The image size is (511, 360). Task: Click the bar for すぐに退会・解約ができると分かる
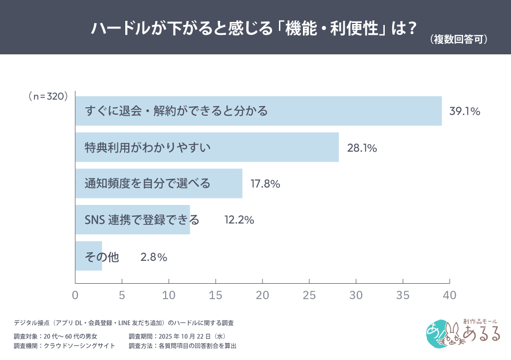[x=258, y=111]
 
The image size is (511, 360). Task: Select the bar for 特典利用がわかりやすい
[x=207, y=147]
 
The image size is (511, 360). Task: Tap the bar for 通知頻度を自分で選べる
[x=159, y=183]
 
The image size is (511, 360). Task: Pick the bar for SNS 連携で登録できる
[x=133, y=220]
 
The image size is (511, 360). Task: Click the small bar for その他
[x=89, y=256]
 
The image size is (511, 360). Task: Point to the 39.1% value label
[x=465, y=111]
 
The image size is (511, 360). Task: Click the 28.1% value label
[x=361, y=148]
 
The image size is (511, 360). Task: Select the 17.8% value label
[x=265, y=184]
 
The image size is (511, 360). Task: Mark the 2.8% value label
[x=153, y=257]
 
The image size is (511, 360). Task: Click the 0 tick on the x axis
[x=75, y=295]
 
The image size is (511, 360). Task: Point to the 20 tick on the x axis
[x=262, y=295]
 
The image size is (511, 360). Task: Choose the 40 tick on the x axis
[x=450, y=295]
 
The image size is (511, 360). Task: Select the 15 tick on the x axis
[x=216, y=295]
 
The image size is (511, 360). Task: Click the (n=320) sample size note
[x=48, y=97]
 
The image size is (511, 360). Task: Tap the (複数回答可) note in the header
[x=458, y=40]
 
